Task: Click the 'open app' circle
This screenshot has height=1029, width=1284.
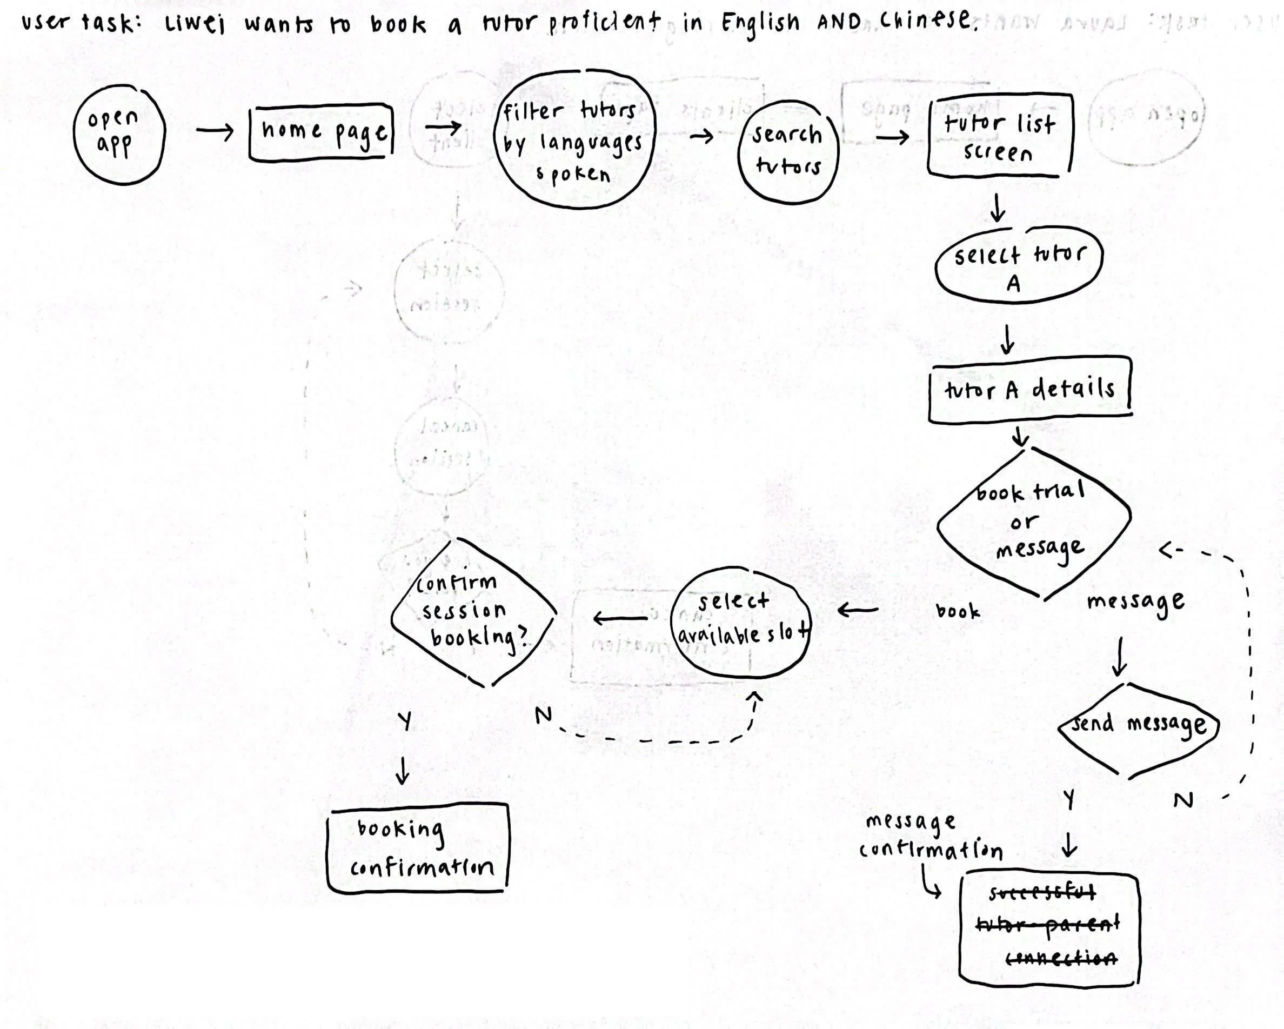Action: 118,134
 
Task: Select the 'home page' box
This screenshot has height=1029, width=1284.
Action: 322,132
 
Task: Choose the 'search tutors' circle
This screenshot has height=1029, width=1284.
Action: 787,151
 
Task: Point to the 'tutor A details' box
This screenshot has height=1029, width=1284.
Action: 1029,390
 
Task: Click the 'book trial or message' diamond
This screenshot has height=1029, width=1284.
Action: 1034,522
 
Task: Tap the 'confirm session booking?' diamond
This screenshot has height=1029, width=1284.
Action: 472,612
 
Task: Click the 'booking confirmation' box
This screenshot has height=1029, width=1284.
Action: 418,848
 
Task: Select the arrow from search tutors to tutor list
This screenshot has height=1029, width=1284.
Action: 893,138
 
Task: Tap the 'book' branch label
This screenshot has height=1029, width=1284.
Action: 957,611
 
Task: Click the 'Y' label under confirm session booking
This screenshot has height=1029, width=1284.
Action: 405,721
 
